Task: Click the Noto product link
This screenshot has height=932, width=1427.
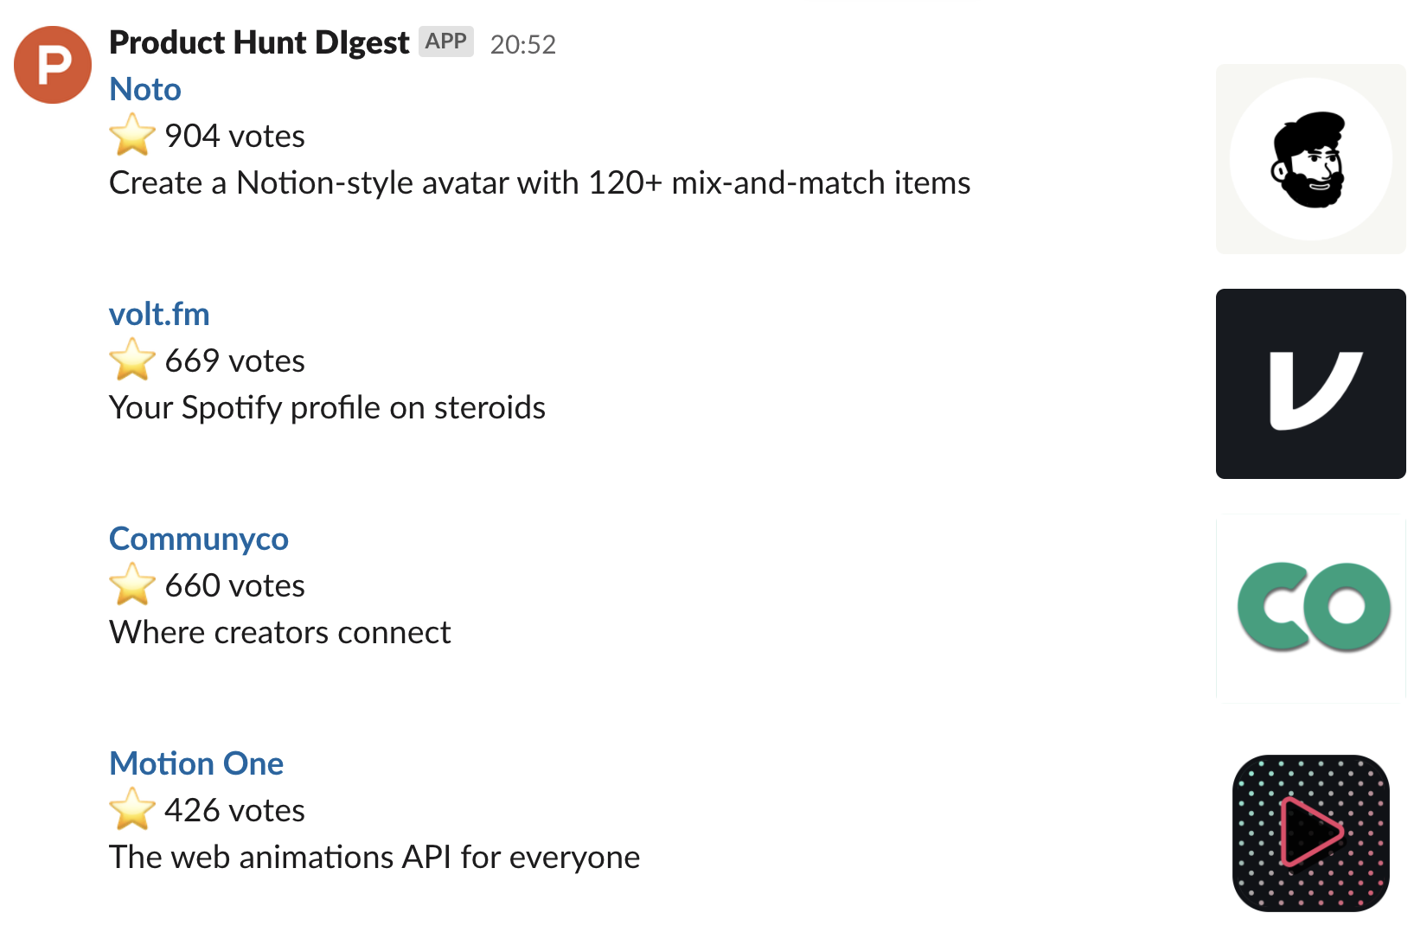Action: coord(145,90)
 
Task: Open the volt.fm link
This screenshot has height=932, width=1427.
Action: coord(159,315)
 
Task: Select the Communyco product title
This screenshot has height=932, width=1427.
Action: coord(199,539)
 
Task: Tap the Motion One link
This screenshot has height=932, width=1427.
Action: coord(196,764)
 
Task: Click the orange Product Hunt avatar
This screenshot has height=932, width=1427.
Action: coord(53,65)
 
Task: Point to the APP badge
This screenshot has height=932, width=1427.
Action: coord(446,41)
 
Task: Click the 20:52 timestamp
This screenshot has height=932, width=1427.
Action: coord(522,44)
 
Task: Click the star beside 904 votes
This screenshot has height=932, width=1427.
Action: coord(132,135)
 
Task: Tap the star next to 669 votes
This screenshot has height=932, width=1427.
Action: coord(132,360)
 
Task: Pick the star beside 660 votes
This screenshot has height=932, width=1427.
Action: coord(132,584)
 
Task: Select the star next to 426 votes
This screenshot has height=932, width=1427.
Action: coord(132,809)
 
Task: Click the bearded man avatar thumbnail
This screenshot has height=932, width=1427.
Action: coord(1310,159)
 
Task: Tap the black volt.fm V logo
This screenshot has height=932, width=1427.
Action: coord(1310,384)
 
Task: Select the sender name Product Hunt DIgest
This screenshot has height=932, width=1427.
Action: coord(259,42)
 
